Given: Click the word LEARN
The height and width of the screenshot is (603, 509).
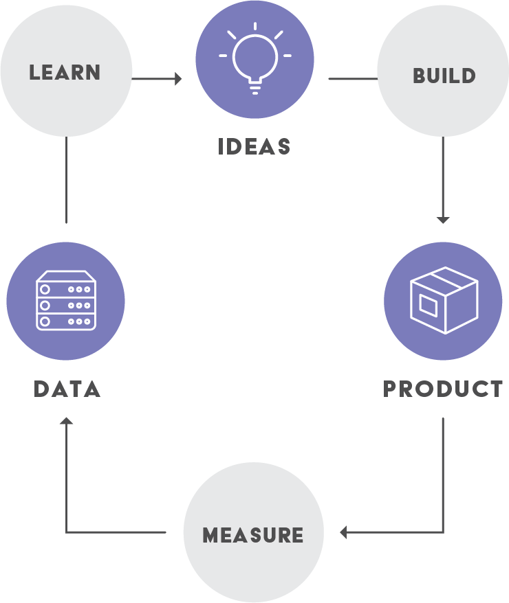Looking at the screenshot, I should (65, 72).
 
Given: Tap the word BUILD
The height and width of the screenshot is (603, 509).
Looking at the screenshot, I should (444, 75).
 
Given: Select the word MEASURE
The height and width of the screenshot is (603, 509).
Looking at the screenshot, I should (253, 535).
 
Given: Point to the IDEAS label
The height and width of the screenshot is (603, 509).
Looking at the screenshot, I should (254, 146).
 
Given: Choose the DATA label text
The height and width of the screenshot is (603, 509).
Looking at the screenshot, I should (67, 389).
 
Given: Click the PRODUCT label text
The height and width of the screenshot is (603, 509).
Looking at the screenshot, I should (443, 389).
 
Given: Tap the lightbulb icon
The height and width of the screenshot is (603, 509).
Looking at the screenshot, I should (254, 60).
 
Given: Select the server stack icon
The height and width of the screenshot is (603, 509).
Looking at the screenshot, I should (65, 301).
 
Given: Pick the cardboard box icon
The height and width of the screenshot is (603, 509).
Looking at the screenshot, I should (443, 301).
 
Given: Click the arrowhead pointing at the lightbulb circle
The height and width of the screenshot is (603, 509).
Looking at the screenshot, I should (179, 79).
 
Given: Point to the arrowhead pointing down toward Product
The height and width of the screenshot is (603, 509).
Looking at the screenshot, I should (443, 219).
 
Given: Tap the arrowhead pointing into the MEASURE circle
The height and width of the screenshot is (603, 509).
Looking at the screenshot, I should (344, 532).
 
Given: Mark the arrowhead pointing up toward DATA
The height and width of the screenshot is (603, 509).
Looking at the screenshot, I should (66, 420).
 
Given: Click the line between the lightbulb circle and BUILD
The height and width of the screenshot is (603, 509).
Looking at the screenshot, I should (352, 79).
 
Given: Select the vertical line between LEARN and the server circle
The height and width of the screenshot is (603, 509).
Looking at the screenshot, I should (66, 180).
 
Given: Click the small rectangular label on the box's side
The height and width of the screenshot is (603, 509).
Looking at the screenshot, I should (428, 304).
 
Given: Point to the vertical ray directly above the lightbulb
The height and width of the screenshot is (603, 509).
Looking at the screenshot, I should (254, 27).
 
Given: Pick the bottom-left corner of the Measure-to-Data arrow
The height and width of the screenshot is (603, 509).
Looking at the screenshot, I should (67, 532).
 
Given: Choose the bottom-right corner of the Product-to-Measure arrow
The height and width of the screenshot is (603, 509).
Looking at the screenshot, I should (443, 532).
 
